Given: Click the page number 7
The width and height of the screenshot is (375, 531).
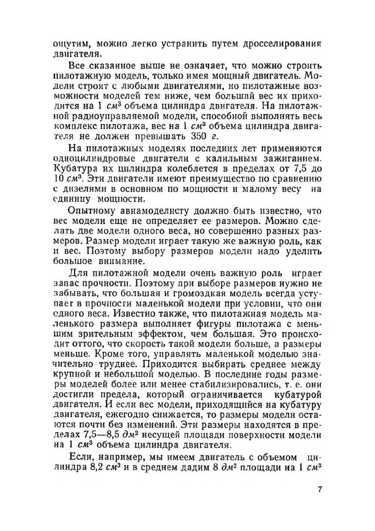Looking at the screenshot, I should pos(319,489).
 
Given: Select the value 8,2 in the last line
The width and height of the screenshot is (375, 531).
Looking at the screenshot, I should pos(94,468).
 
